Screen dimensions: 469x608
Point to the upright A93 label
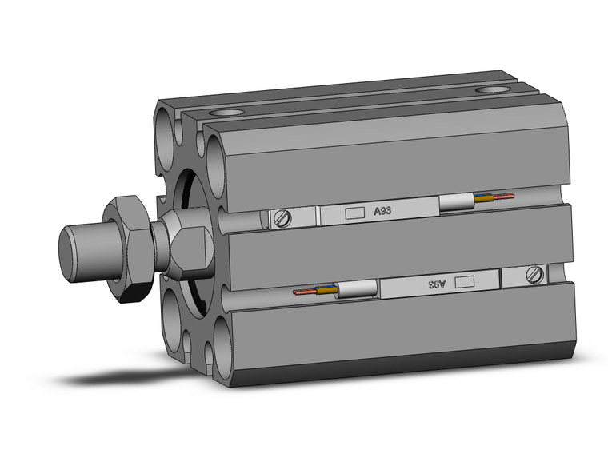point(383,212)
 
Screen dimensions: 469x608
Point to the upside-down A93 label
point(435,283)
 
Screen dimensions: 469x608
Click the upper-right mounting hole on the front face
point(218,151)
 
